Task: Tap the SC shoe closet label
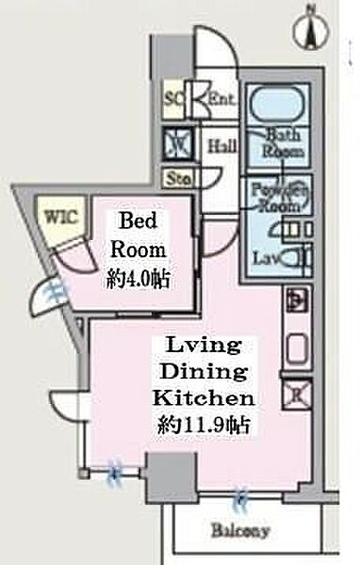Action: click(x=173, y=95)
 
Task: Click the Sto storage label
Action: click(x=175, y=176)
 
